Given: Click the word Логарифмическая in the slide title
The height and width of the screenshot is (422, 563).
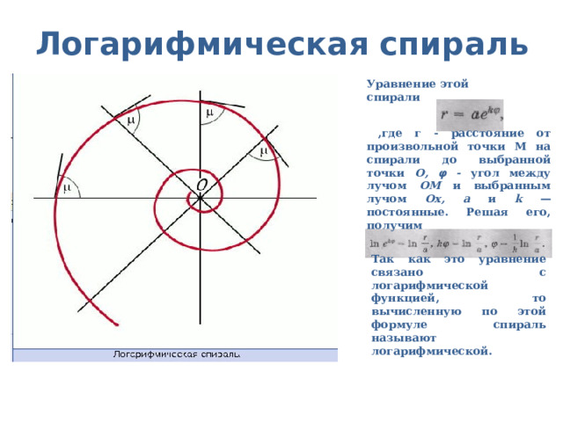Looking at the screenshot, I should [180, 42].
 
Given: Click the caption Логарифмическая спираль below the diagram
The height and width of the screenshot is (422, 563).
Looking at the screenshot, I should [175, 354].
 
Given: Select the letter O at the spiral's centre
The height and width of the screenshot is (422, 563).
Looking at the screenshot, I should [201, 186].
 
